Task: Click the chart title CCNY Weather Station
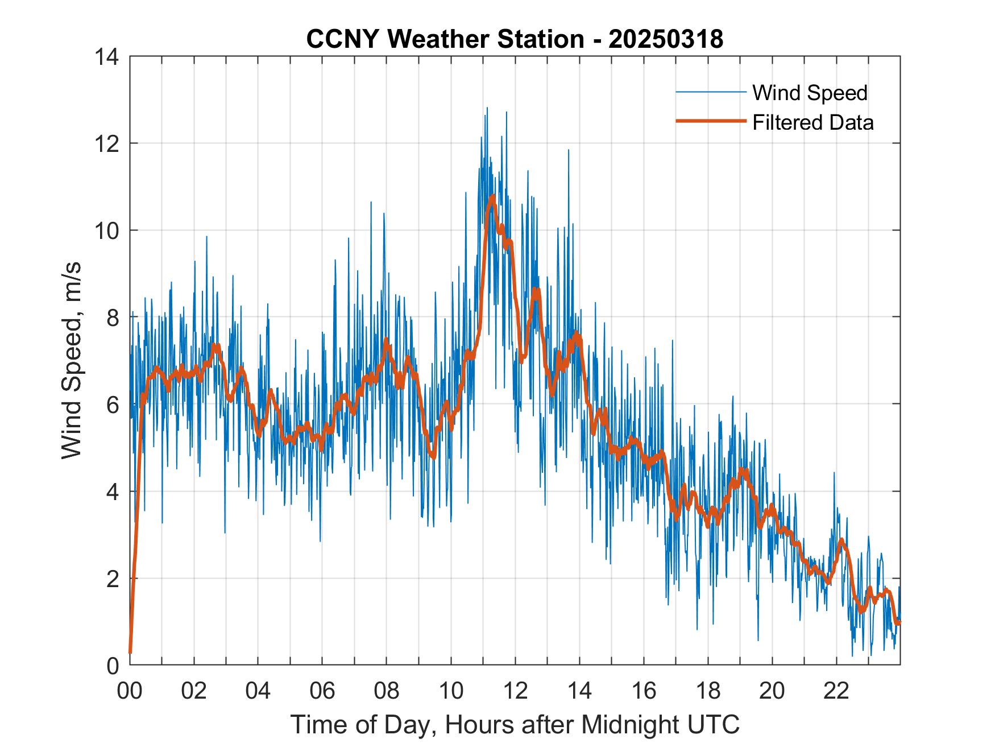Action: coord(445,39)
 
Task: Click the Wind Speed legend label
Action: coord(810,93)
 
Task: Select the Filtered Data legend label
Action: coord(812,122)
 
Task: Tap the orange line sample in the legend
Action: coord(710,121)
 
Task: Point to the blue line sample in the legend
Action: coord(710,92)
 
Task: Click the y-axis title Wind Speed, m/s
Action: coord(72,360)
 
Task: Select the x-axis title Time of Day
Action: coord(515,724)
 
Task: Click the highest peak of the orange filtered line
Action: coord(492,196)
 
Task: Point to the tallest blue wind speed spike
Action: coord(487,108)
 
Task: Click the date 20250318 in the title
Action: coord(666,39)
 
